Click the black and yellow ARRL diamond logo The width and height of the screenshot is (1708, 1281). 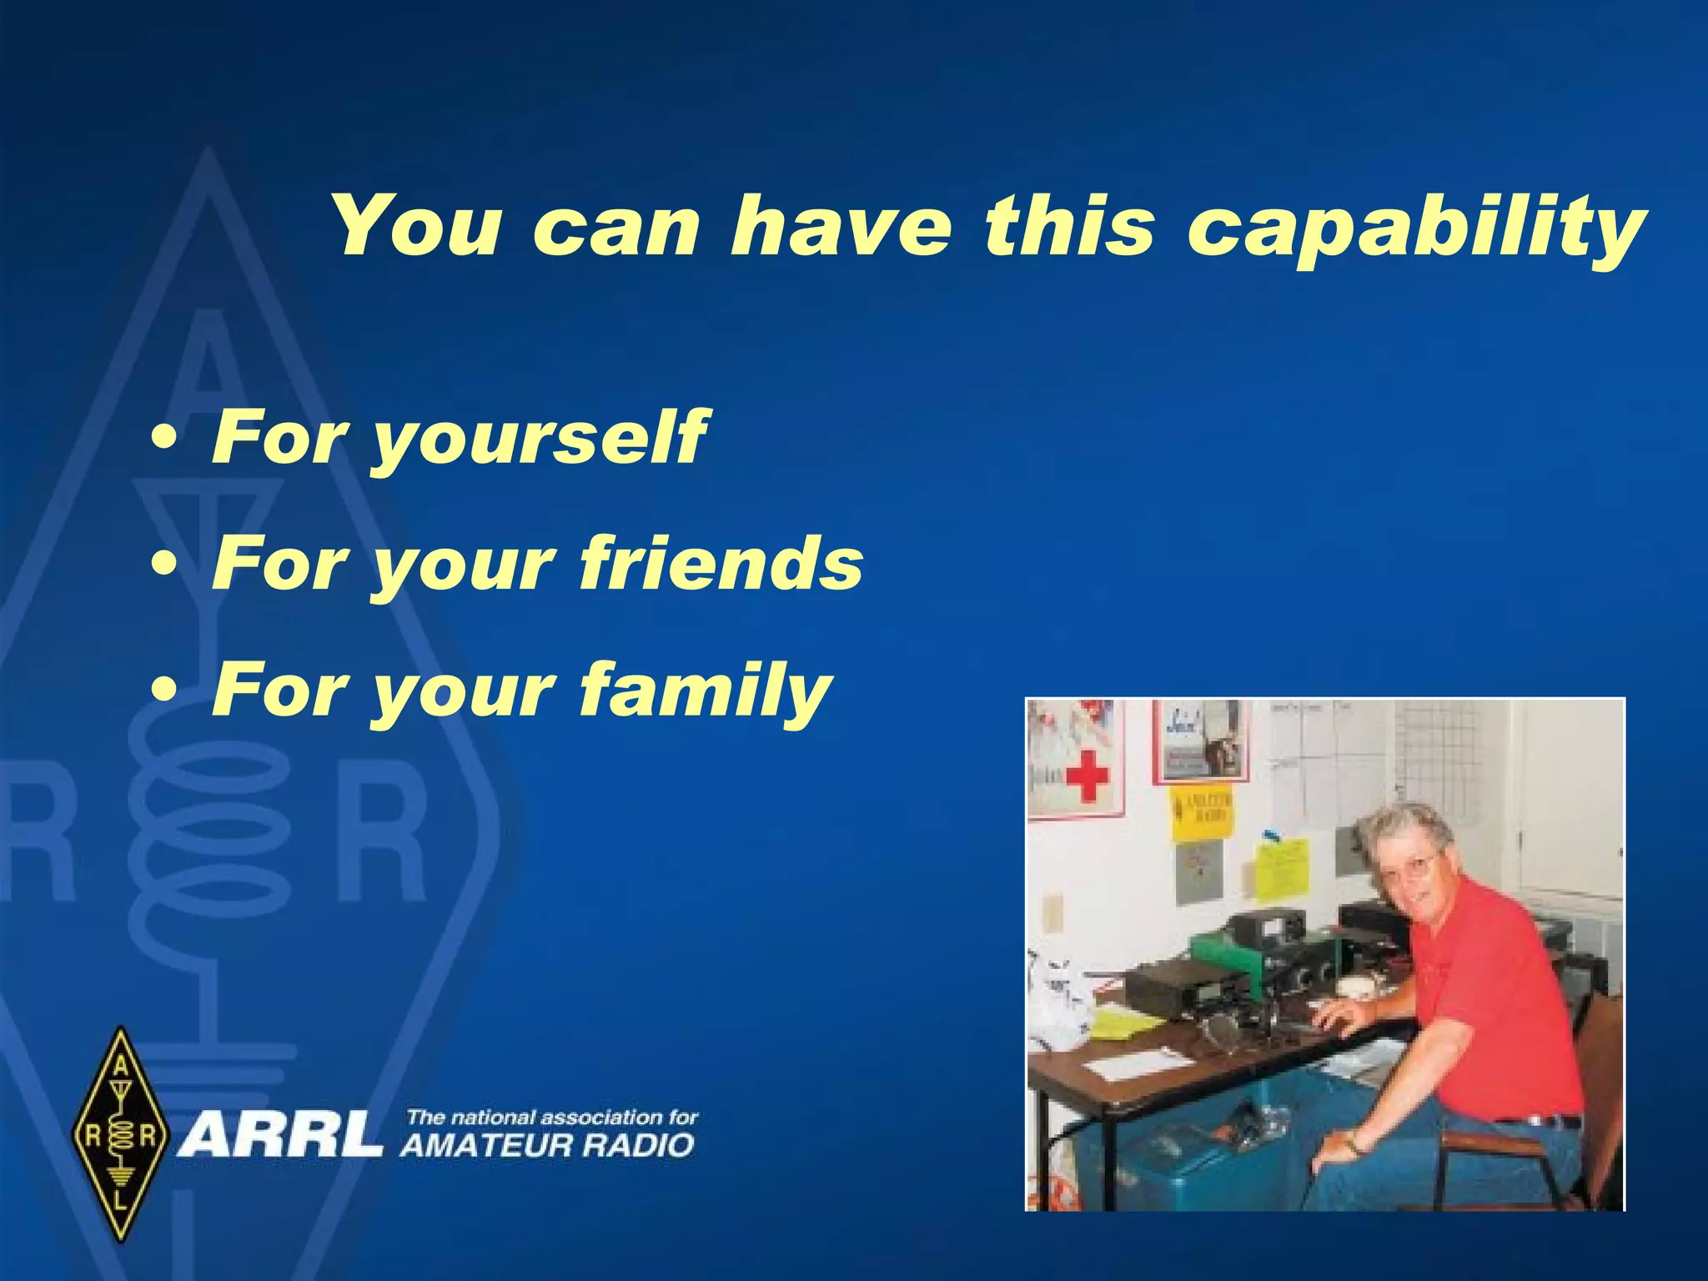point(122,1134)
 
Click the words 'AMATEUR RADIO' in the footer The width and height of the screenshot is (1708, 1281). point(547,1145)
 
